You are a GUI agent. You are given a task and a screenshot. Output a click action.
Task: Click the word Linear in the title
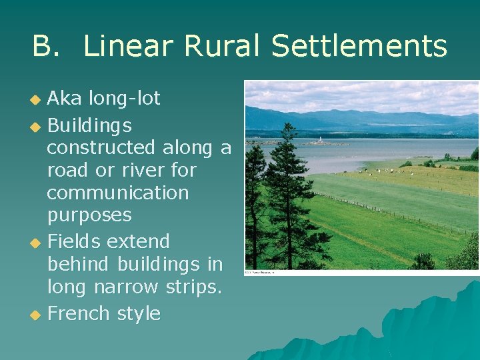coord(129,47)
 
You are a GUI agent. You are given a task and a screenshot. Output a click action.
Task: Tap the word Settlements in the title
coord(359,47)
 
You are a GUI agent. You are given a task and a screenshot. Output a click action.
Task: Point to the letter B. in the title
coord(46,47)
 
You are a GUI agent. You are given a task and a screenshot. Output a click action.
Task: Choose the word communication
coord(118,193)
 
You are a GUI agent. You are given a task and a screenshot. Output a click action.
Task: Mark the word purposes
coord(89,216)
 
